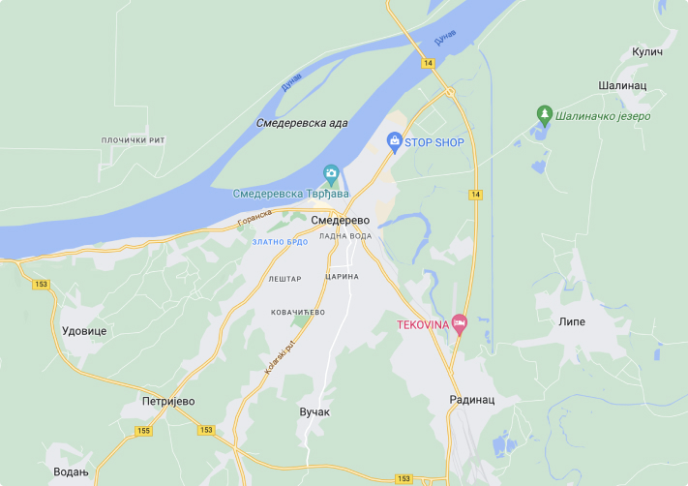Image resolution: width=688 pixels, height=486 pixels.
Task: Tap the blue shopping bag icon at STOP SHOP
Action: click(x=395, y=142)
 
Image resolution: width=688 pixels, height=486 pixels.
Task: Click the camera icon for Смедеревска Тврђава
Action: click(x=331, y=174)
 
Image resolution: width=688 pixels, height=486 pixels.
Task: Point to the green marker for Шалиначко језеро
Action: click(x=545, y=115)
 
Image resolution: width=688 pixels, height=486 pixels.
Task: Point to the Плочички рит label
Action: click(x=134, y=140)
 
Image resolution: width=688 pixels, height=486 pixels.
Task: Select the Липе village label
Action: click(x=572, y=321)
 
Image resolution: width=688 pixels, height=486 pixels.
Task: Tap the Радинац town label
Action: click(x=472, y=399)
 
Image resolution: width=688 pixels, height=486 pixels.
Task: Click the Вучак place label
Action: click(x=314, y=411)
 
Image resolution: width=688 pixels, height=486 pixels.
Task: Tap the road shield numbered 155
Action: click(x=143, y=430)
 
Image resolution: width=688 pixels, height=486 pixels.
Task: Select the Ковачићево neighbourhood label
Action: click(x=298, y=312)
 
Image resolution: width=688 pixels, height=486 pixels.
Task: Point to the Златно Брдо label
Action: click(x=280, y=241)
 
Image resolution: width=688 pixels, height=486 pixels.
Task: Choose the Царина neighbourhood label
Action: click(x=344, y=276)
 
